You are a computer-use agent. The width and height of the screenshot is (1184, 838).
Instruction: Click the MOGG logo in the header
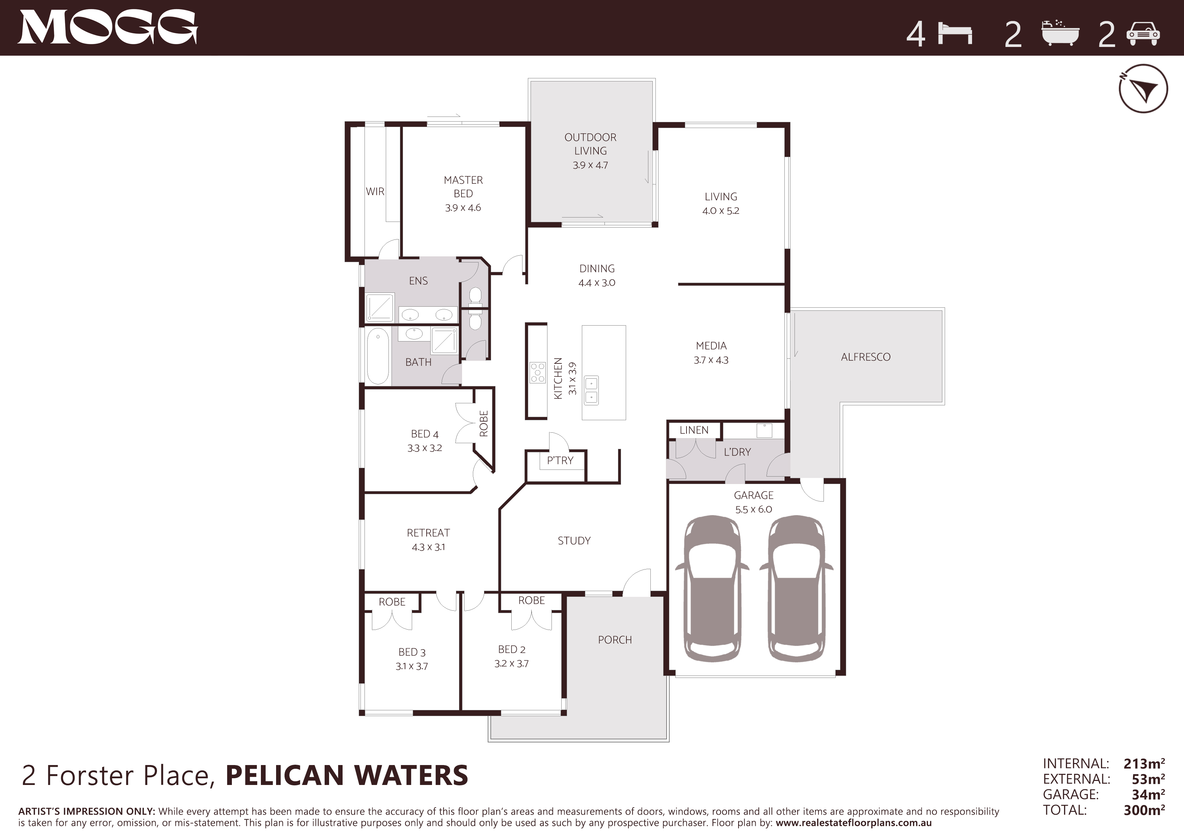coord(108,27)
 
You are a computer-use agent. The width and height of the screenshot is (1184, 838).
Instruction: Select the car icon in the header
coord(1143,34)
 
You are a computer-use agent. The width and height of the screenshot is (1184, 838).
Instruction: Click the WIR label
coord(375,192)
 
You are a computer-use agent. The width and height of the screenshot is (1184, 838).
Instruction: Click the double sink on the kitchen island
coord(591,390)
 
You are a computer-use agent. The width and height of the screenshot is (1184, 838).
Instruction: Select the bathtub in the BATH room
coord(378,356)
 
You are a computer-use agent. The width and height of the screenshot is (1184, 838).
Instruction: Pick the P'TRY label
coord(560,460)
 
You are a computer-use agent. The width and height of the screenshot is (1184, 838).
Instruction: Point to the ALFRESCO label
coord(865,357)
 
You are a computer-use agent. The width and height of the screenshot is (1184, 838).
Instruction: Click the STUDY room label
coord(574,541)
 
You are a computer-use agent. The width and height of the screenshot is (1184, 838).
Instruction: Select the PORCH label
coord(615,640)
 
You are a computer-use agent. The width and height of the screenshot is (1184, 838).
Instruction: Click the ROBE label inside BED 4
coord(484,424)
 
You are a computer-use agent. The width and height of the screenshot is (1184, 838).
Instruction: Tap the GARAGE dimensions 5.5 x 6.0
coord(753,509)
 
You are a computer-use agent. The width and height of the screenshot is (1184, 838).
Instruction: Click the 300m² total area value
coord(1144,810)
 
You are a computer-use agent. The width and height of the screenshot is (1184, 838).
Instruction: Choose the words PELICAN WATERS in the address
coord(347,776)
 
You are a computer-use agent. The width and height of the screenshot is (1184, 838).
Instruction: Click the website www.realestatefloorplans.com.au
coord(854,823)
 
